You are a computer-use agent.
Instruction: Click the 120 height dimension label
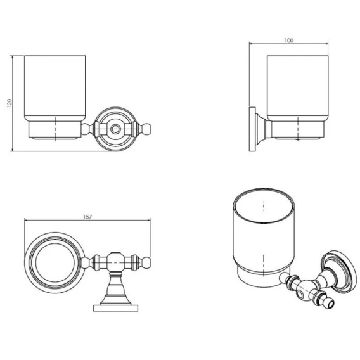pos(10,103)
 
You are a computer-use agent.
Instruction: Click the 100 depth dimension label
pos(289,41)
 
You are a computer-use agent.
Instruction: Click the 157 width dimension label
pos(87,217)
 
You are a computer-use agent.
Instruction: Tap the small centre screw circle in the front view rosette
pos(115,129)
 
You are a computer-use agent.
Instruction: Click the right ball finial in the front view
pos(146,129)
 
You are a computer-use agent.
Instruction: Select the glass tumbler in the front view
pos(55,88)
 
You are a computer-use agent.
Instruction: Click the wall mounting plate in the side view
pos(252,129)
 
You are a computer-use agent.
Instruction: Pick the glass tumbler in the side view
pos(297,88)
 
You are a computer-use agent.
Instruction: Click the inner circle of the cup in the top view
pos(55,262)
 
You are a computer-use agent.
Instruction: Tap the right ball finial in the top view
pos(146,262)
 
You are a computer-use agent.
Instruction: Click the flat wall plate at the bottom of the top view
pos(115,308)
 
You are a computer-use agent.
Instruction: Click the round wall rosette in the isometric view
pos(339,272)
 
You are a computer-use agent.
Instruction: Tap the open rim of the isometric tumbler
pos(264,205)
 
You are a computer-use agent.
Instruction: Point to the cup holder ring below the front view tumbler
pos(55,131)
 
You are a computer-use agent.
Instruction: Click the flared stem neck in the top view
pos(115,288)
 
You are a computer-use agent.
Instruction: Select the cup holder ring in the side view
pos(298,131)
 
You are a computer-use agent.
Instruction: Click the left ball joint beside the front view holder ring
pos(86,129)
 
